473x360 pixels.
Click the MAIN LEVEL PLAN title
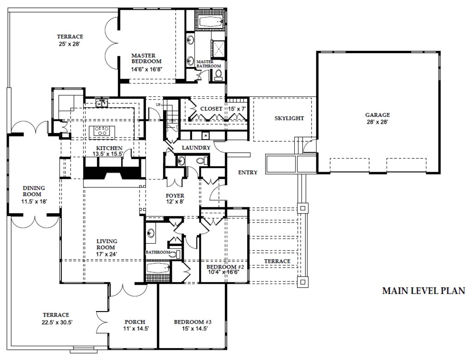(423, 291)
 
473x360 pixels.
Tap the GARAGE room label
(377, 115)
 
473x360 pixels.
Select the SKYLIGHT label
(289, 118)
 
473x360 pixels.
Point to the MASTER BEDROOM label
(146, 58)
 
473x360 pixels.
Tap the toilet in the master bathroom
(218, 74)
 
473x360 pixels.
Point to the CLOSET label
(211, 109)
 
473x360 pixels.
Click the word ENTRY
(248, 173)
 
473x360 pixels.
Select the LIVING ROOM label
(107, 244)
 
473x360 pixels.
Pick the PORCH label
(135, 322)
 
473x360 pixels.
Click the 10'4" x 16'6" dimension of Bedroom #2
(222, 272)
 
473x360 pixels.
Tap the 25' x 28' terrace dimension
(70, 45)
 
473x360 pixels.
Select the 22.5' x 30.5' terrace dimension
(56, 323)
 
